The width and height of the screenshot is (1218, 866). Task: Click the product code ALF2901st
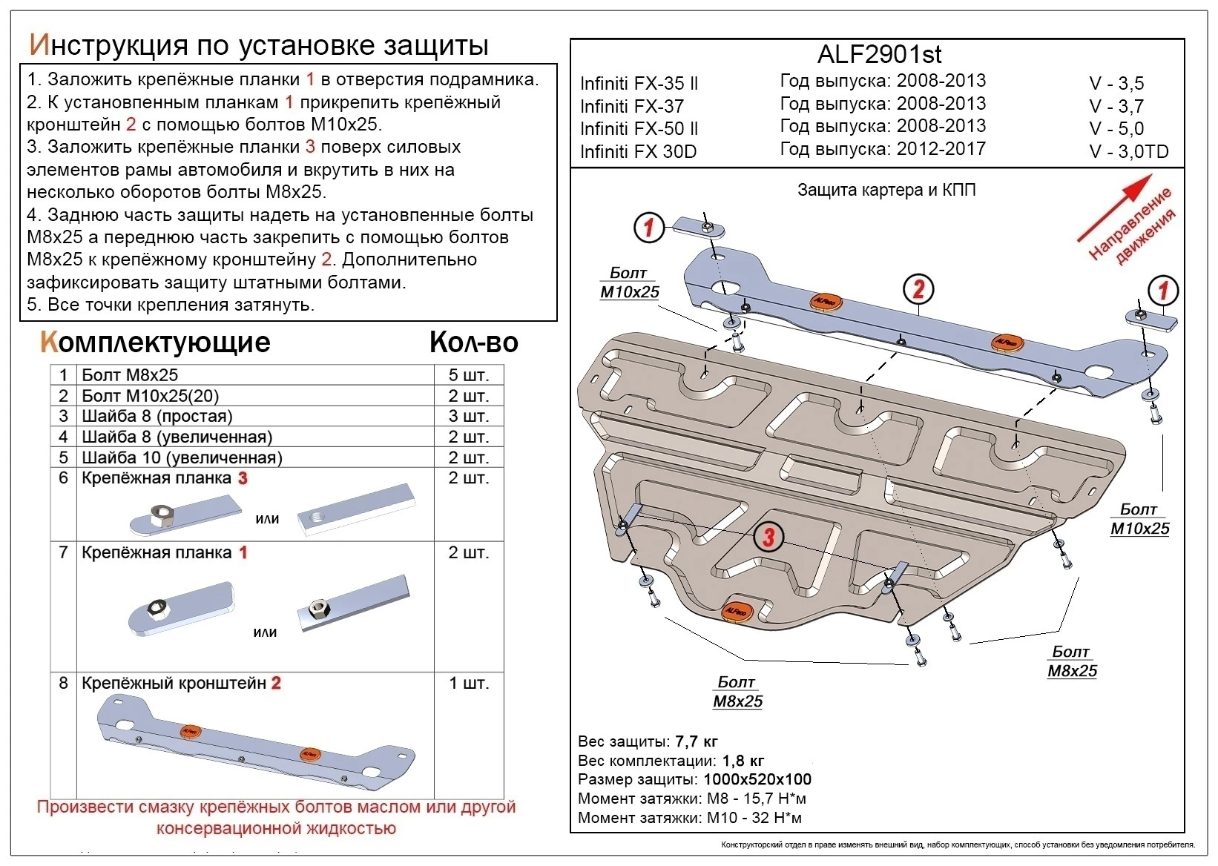(879, 55)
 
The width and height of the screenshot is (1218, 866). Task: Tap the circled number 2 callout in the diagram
(918, 289)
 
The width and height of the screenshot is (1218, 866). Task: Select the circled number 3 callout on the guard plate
(768, 536)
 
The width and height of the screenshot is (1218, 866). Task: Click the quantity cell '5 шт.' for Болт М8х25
(468, 375)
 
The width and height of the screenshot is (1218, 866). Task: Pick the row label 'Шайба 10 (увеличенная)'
(182, 457)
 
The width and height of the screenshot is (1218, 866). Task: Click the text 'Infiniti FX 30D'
(638, 152)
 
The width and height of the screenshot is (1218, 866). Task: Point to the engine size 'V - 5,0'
(1116, 129)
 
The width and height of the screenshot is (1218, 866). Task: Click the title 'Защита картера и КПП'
(886, 191)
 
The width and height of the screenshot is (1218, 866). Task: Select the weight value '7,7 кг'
(696, 741)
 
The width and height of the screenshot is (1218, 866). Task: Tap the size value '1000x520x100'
(757, 779)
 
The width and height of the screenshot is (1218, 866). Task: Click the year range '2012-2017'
(941, 149)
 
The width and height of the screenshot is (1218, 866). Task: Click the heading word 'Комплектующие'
(156, 343)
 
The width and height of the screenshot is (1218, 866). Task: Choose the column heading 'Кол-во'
(473, 343)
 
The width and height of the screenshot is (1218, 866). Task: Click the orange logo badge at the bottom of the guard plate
(737, 610)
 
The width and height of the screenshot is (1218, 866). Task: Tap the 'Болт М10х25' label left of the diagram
(629, 283)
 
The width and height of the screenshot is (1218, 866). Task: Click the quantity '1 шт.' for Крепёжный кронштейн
(469, 683)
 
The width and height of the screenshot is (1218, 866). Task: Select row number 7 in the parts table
(63, 552)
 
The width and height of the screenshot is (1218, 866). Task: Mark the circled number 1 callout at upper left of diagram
(649, 227)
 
